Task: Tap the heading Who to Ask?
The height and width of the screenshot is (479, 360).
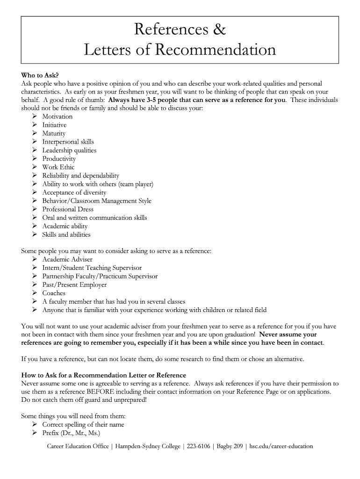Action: [x=40, y=75]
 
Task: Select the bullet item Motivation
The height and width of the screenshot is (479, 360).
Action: [x=58, y=116]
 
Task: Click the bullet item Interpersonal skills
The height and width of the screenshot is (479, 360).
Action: [x=68, y=142]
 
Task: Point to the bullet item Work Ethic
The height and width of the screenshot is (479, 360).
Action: [x=58, y=167]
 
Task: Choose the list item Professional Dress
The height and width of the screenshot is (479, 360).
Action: [x=68, y=209]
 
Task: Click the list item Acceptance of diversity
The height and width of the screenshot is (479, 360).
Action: [x=74, y=192]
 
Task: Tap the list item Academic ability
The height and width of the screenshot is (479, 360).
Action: [x=65, y=226]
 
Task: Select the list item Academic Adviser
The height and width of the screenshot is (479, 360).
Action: [x=67, y=259]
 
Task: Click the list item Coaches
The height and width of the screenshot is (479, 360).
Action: [x=54, y=293]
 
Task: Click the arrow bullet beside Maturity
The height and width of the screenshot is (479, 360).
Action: [x=35, y=133]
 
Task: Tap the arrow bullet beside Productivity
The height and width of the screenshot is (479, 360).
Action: [x=35, y=159]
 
